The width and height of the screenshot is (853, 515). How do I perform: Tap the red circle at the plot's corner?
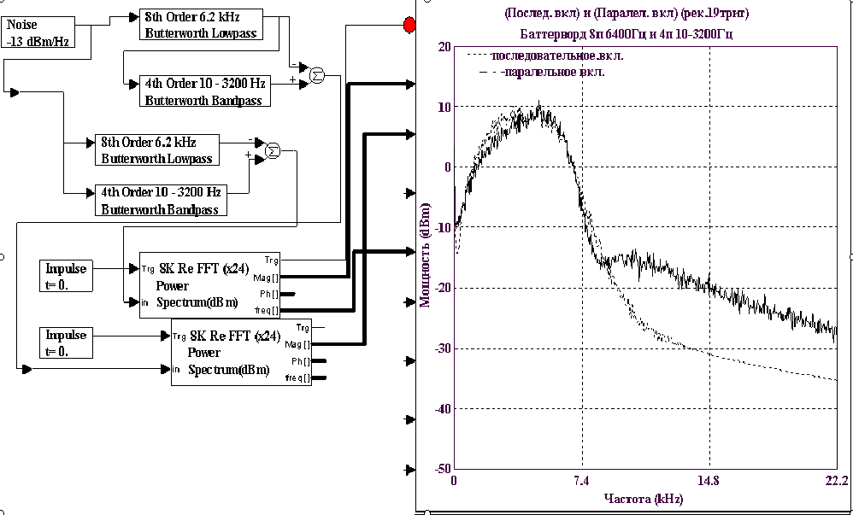[x=409, y=26]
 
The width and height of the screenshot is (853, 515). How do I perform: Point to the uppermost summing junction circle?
[x=316, y=75]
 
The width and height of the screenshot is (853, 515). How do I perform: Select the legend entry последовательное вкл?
[x=556, y=56]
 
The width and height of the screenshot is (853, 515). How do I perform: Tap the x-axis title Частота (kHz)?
[x=643, y=498]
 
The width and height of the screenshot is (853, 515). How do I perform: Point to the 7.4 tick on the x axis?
[x=582, y=480]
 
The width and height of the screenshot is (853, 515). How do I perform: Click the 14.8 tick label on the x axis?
[x=709, y=480]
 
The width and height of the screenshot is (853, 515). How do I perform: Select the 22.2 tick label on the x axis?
[x=835, y=480]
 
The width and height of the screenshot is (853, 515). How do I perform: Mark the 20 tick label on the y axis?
[x=443, y=47]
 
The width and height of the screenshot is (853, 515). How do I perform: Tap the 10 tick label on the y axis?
[x=443, y=107]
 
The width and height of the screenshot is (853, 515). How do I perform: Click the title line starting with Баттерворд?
[x=626, y=34]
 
